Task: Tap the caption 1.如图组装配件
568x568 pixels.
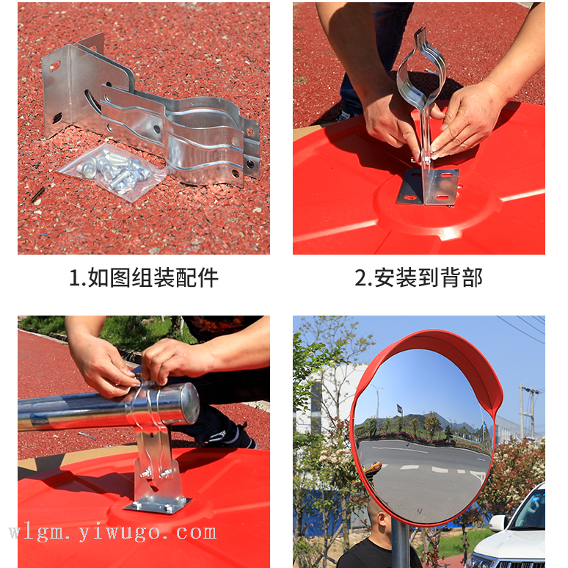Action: pyautogui.click(x=144, y=278)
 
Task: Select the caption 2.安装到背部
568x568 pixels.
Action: pyautogui.click(x=419, y=278)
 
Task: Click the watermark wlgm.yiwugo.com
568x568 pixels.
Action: pyautogui.click(x=113, y=533)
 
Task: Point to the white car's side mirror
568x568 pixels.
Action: pyautogui.click(x=498, y=523)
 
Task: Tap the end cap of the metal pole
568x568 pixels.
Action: pyautogui.click(x=189, y=404)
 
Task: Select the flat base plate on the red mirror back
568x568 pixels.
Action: pyautogui.click(x=427, y=186)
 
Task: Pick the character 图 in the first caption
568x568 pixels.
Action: pyautogui.click(x=120, y=278)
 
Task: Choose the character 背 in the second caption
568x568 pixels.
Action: pyautogui.click(x=451, y=278)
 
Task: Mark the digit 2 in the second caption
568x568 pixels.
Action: pyautogui.click(x=361, y=278)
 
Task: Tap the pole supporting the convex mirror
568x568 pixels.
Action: pyautogui.click(x=400, y=543)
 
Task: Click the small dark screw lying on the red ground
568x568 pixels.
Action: pyautogui.click(x=37, y=194)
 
